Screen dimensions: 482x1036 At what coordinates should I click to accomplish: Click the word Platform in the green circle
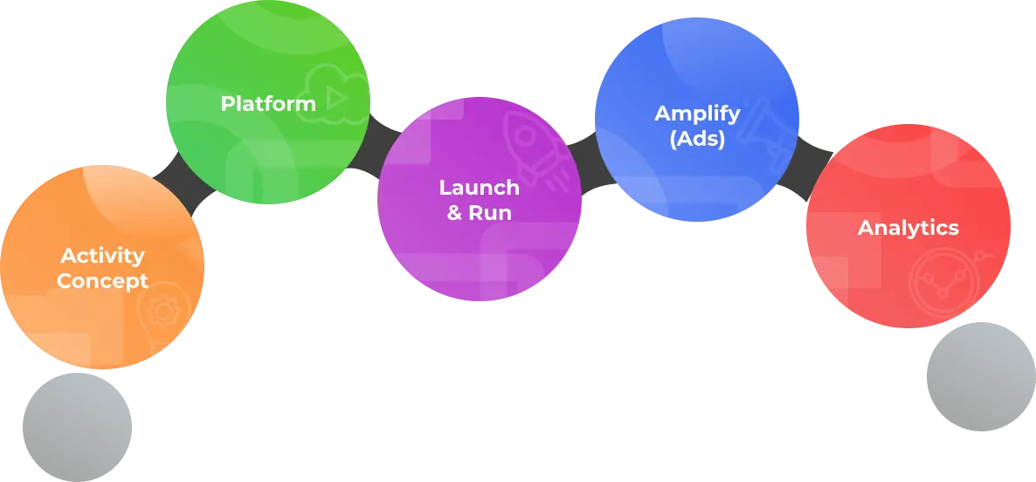click(x=268, y=104)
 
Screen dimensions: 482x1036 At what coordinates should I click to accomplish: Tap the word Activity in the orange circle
click(x=102, y=256)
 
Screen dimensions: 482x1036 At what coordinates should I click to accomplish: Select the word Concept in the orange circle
click(x=102, y=281)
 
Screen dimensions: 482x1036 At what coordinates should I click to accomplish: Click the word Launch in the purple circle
click(x=479, y=188)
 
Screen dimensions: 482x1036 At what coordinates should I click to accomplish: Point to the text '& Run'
click(x=479, y=212)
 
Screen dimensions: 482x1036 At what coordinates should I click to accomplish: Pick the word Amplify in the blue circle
click(x=697, y=114)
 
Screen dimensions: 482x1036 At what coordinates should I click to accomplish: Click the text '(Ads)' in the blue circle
click(x=697, y=138)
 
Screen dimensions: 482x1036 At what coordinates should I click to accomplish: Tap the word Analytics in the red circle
click(x=908, y=228)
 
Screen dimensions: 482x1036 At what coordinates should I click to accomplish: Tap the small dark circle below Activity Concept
click(x=76, y=425)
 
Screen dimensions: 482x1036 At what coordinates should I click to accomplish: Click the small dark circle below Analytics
click(x=978, y=375)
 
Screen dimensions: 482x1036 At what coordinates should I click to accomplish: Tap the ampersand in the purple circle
click(x=455, y=213)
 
